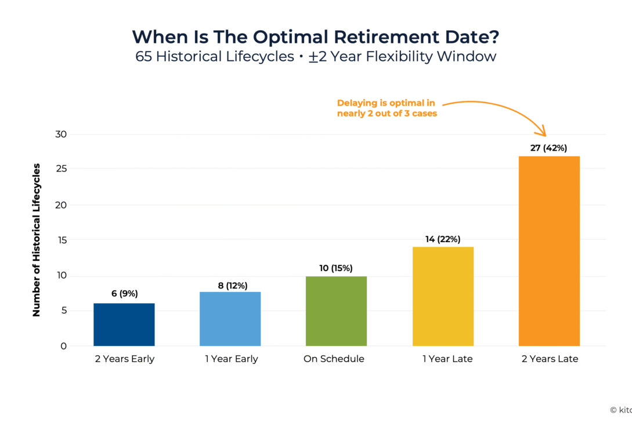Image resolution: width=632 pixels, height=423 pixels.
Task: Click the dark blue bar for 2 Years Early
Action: pos(124,324)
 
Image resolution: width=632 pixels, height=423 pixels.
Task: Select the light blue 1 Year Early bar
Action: pos(230,319)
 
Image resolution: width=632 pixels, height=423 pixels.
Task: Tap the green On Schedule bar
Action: pos(336,311)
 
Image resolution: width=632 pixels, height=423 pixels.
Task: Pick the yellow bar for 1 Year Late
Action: pos(443,296)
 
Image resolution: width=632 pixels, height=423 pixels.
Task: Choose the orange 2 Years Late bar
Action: pos(549,251)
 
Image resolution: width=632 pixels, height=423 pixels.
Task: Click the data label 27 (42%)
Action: pos(549,148)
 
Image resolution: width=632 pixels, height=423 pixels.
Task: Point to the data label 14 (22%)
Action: pos(443,239)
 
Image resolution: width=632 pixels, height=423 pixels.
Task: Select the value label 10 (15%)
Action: pos(336,268)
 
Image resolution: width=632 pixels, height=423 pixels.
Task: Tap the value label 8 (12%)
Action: pos(230,285)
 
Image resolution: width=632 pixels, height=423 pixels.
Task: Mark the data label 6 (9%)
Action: pos(124,294)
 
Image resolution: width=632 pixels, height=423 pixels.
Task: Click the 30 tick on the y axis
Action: pos(61,134)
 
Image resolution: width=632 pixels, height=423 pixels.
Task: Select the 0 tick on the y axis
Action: pos(64,346)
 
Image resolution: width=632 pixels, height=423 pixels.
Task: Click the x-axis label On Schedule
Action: pos(334,359)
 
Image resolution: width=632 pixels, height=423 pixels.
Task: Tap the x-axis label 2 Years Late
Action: pos(550,359)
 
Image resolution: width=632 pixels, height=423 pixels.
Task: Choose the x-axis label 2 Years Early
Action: pos(125,359)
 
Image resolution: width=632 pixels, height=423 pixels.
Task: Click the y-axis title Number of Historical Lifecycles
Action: pos(37,240)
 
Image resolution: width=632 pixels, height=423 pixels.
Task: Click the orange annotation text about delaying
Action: pos(387,108)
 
